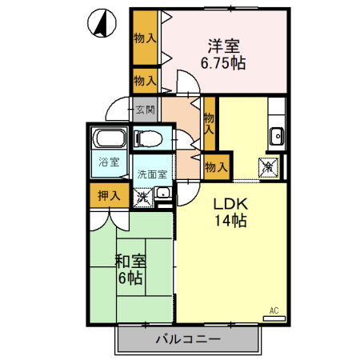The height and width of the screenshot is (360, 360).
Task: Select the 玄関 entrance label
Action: (x=145, y=110)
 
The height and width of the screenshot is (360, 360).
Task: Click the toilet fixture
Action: (x=148, y=138)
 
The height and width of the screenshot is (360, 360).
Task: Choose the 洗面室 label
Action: (x=151, y=174)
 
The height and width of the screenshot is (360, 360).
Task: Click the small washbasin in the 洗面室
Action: (x=162, y=193)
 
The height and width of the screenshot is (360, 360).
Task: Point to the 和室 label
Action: (x=130, y=261)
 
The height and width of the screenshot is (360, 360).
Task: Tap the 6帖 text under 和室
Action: (x=131, y=278)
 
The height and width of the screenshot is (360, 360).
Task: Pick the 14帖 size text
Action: (x=230, y=222)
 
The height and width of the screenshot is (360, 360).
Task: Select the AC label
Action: (x=274, y=309)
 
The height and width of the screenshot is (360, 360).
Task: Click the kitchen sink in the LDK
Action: (x=277, y=135)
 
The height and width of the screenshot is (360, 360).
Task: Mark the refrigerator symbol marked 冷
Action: (x=267, y=167)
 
